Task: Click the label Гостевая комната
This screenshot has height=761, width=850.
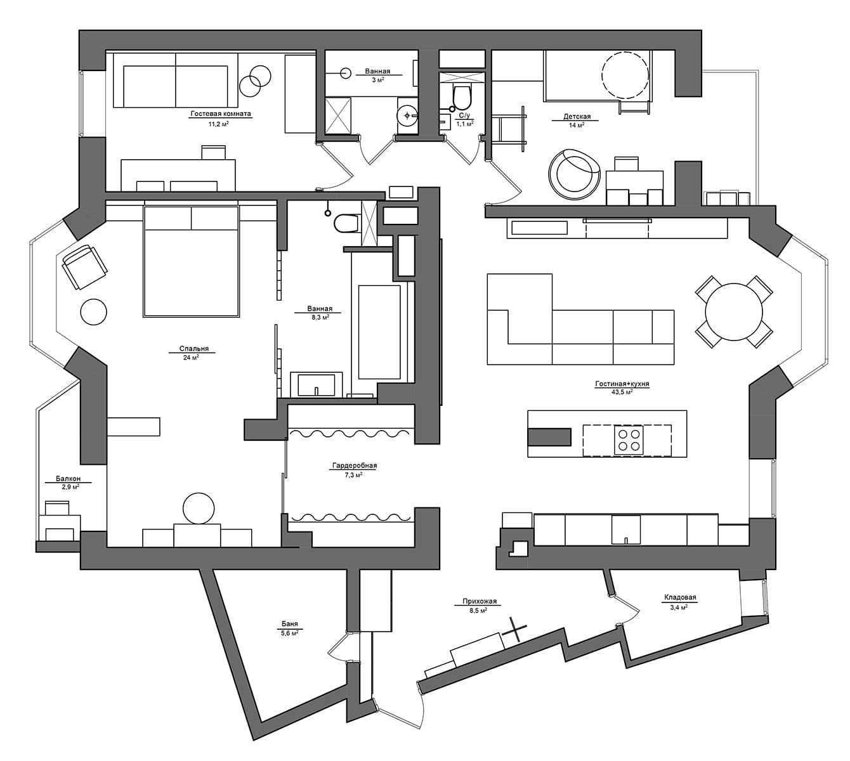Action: pyautogui.click(x=220, y=114)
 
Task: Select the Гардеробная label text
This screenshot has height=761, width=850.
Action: pyautogui.click(x=355, y=465)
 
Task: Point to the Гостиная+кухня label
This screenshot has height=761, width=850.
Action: pyautogui.click(x=622, y=384)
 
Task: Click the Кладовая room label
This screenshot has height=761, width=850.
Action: pyautogui.click(x=680, y=597)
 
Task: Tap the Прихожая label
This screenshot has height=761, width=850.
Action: pyautogui.click(x=479, y=602)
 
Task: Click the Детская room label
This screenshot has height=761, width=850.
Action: pyautogui.click(x=577, y=117)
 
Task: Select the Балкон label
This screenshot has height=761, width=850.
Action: pyautogui.click(x=68, y=479)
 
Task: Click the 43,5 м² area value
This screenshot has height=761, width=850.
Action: pyautogui.click(x=622, y=393)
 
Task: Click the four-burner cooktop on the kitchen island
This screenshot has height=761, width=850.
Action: pyautogui.click(x=628, y=440)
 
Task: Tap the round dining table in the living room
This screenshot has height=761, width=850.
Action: pyautogui.click(x=734, y=311)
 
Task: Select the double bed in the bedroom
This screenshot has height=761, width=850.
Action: pyautogui.click(x=192, y=261)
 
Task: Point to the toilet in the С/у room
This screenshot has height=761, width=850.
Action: pyautogui.click(x=461, y=97)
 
